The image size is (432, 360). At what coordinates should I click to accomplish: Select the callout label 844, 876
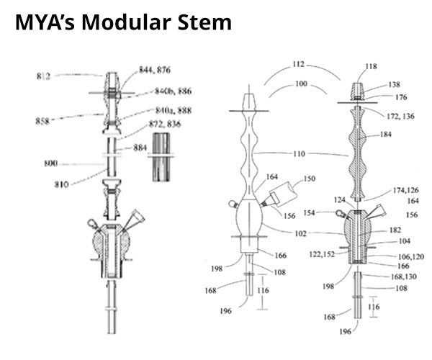(x=155, y=70)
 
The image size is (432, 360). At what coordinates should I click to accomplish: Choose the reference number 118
(x=371, y=66)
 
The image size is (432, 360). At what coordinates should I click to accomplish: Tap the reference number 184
(x=385, y=134)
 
